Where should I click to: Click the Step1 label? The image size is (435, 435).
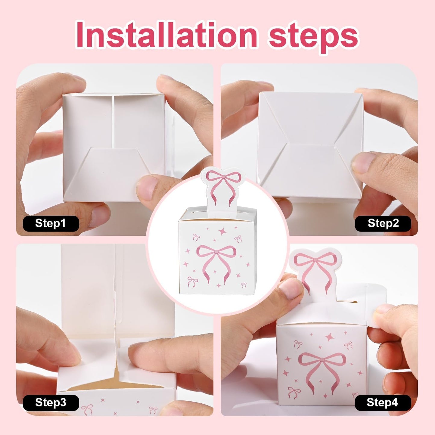(51, 223)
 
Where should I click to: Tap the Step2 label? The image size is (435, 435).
(383, 223)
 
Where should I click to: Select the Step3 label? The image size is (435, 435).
(51, 402)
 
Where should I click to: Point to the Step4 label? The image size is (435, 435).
(382, 402)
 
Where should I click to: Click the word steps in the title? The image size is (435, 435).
(313, 36)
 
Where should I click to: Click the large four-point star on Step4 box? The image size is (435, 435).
(329, 337)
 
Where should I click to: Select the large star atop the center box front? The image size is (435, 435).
(223, 231)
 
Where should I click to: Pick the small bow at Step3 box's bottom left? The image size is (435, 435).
(88, 409)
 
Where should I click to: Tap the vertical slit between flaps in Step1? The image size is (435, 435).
(113, 120)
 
